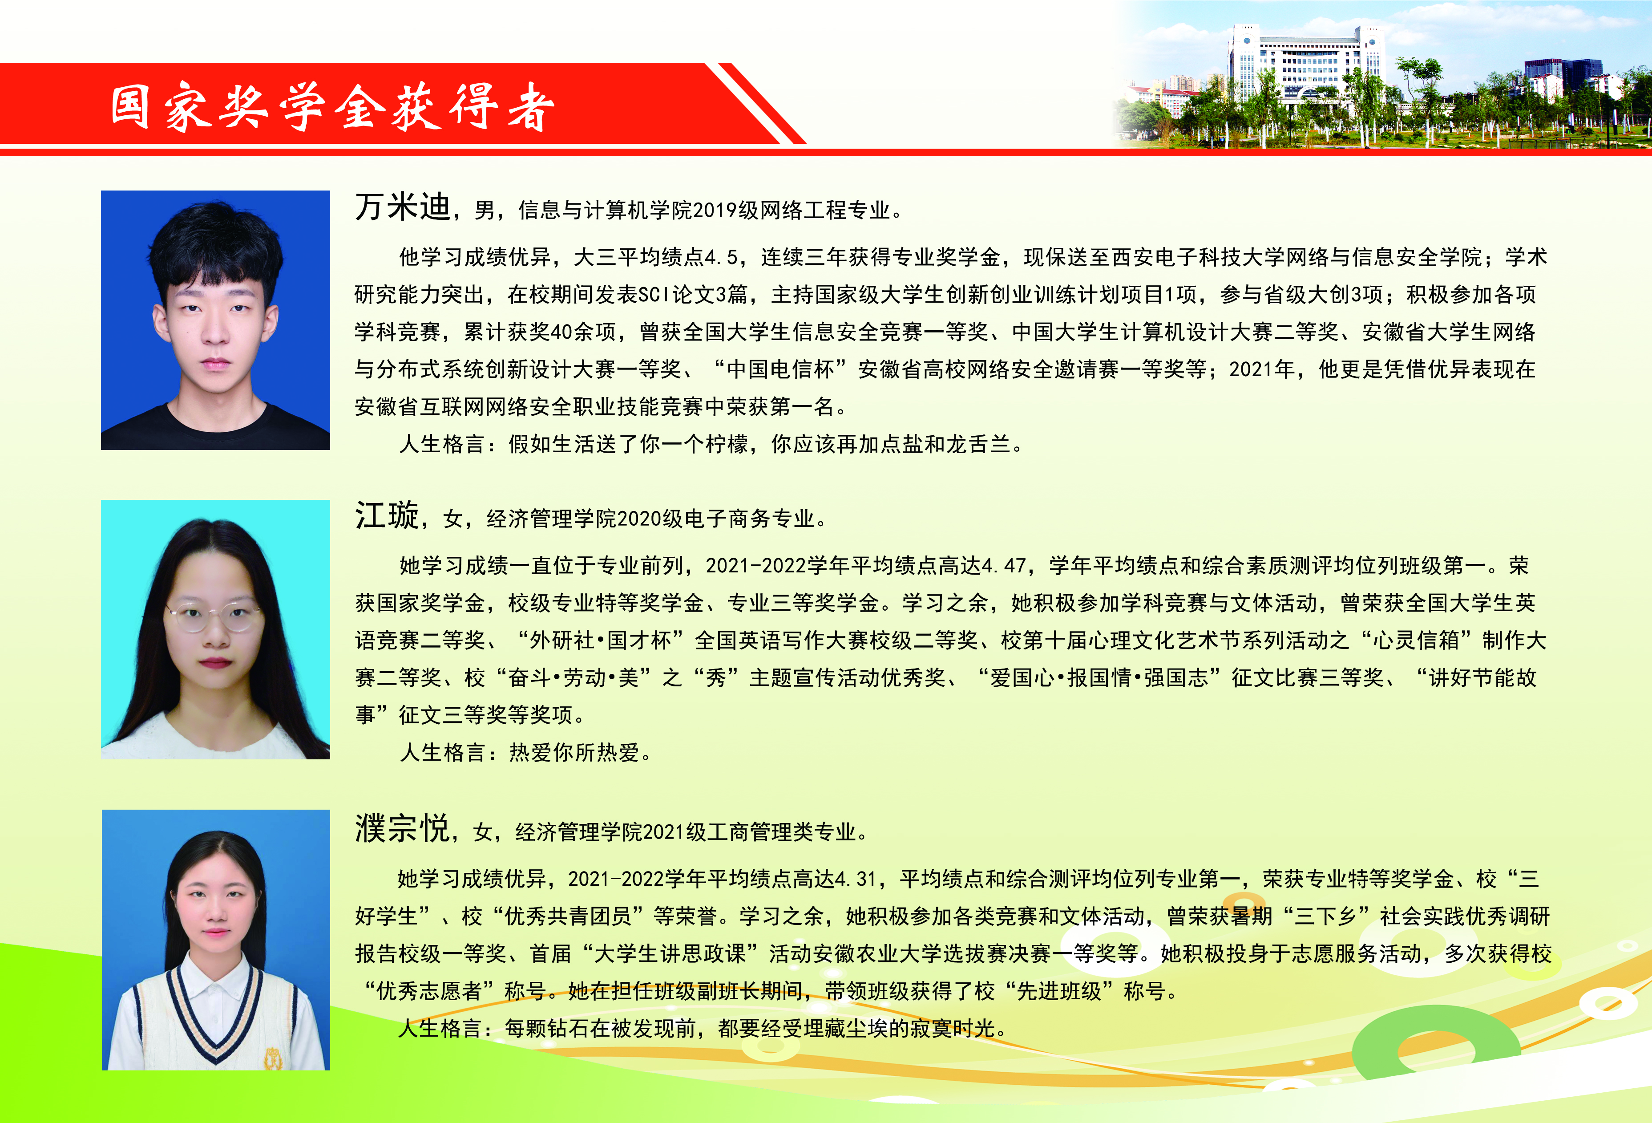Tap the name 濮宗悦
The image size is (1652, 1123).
402,828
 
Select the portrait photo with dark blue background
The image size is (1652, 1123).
215,320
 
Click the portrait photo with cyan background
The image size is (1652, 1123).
215,629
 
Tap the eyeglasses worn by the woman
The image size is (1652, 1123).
213,616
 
